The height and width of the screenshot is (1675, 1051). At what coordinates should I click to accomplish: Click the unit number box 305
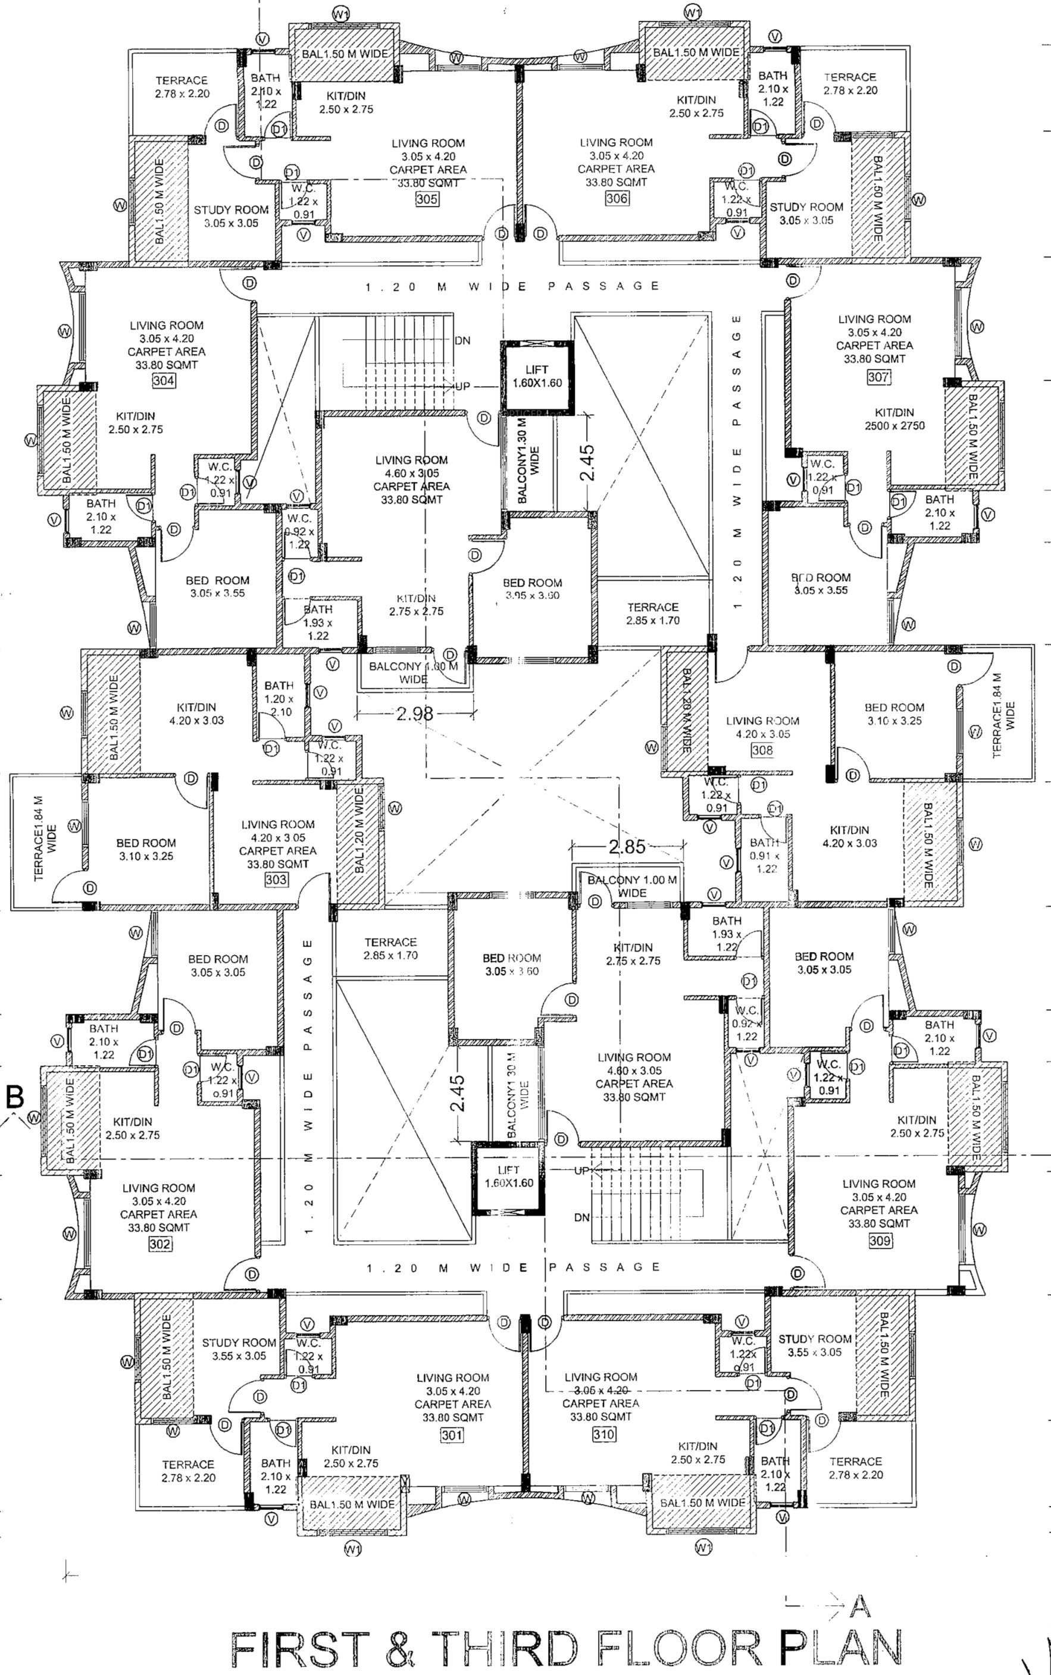[427, 199]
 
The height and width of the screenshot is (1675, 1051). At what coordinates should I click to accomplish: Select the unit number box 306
[617, 198]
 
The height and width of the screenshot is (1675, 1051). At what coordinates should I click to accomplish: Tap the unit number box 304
[164, 380]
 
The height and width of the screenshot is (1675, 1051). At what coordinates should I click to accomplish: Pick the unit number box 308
[762, 750]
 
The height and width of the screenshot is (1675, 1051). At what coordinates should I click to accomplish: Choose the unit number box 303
[276, 880]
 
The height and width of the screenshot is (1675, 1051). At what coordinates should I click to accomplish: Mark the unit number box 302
[160, 1244]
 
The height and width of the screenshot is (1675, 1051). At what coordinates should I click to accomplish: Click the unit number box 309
[880, 1240]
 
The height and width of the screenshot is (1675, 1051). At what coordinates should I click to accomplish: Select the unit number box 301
[451, 1435]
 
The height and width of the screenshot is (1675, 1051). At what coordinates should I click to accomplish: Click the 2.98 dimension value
[415, 713]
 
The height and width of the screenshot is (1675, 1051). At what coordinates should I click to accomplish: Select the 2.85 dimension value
[627, 847]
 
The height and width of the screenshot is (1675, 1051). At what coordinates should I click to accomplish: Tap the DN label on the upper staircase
[462, 340]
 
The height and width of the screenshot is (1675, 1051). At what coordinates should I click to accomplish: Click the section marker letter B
[15, 1097]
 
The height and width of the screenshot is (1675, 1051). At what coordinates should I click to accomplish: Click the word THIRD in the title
[505, 1647]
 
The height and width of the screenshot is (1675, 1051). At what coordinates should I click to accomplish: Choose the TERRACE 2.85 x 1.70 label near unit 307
[653, 613]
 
